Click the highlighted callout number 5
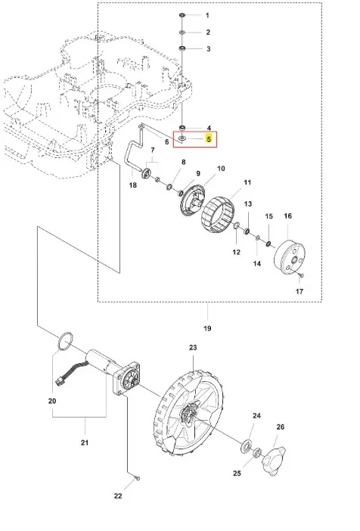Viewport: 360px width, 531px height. click(209, 139)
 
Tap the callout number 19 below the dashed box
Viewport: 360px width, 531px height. click(207, 328)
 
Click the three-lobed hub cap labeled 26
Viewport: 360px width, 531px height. click(274, 457)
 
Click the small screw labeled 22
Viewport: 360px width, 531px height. click(138, 478)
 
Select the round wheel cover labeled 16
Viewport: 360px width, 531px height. click(289, 256)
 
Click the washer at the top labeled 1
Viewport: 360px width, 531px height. click(182, 15)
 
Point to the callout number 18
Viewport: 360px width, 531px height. click(133, 185)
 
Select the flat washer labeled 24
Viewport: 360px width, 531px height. click(247, 446)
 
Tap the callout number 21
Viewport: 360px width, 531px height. click(84, 442)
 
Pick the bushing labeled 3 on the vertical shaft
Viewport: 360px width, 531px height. click(182, 48)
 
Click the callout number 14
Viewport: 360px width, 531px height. click(257, 263)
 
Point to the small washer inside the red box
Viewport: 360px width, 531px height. click(182, 138)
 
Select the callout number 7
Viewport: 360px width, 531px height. click(153, 150)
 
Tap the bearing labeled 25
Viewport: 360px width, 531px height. click(257, 452)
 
